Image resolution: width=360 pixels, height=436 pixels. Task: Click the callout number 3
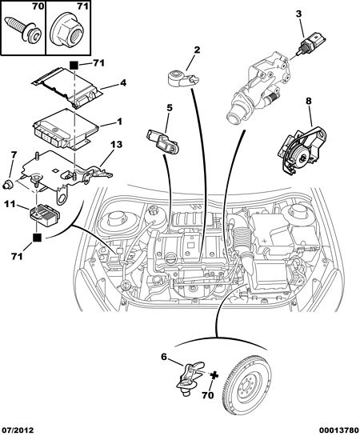pos(298,14)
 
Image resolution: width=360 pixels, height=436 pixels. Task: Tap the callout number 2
pos(197,50)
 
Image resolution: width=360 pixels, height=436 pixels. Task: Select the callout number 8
pos(309,102)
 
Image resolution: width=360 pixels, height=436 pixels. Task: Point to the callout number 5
pos(170,108)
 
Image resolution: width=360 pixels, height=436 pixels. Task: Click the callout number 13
pos(116,145)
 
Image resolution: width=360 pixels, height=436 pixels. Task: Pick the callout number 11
pos(10,205)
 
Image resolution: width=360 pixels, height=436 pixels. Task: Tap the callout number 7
pos(14,155)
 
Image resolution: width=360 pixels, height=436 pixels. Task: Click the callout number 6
pos(164,357)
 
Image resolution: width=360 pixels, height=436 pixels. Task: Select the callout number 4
pos(123,83)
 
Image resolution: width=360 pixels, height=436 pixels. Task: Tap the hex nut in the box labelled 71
pos(66,34)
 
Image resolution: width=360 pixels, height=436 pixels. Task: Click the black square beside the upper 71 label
pos(74,66)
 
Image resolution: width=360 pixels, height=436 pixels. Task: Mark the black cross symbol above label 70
pos(214,375)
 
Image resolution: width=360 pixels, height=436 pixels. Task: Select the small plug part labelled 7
pos(9,184)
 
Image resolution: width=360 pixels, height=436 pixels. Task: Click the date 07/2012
pos(18,430)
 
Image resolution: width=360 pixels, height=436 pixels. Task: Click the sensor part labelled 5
pos(162,142)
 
